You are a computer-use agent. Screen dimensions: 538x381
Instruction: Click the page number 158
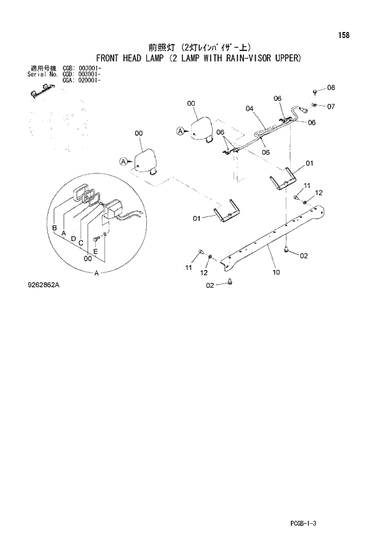coord(343,35)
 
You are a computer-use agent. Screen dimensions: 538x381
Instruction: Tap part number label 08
coord(331,88)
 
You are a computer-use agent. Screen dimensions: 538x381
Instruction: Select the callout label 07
coord(331,106)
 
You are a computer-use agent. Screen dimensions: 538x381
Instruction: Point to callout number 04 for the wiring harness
coord(249,109)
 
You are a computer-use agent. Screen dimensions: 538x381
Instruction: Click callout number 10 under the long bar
coord(276,271)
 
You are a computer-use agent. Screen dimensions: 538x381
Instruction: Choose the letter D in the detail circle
coord(73,238)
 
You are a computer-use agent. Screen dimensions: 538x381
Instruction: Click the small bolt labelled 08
coord(315,92)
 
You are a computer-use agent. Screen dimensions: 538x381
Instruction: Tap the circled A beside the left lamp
coord(124,161)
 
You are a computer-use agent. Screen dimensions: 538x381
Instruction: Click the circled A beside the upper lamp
coord(181,130)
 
